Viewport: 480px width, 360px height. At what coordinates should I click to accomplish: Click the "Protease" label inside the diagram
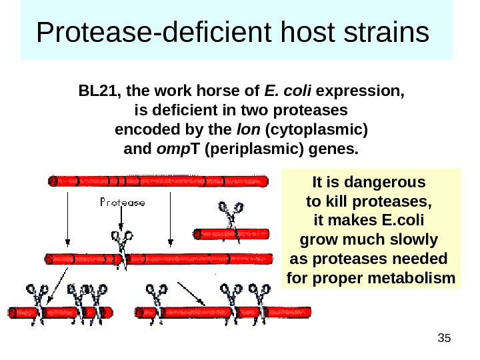coord(123,203)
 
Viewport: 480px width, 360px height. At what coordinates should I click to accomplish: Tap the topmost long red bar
coord(159,181)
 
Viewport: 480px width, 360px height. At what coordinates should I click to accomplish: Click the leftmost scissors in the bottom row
coord(36,293)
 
